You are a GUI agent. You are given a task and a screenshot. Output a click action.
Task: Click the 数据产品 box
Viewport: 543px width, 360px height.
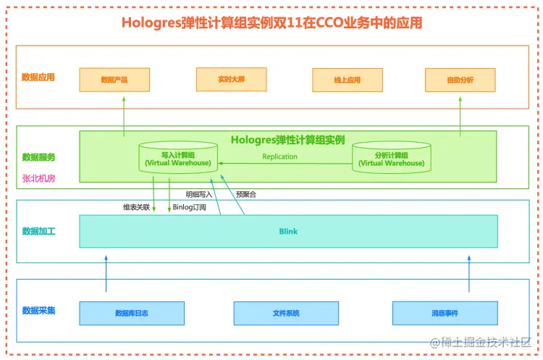pyautogui.click(x=114, y=80)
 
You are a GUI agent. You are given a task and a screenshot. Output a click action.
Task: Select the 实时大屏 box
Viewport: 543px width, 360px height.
pyautogui.click(x=231, y=80)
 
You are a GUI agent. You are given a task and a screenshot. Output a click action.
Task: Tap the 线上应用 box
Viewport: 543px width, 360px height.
pyautogui.click(x=347, y=80)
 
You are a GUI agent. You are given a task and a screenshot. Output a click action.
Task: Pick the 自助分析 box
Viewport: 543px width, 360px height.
pyautogui.click(x=460, y=80)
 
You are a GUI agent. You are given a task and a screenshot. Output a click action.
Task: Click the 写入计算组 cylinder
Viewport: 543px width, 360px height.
pyautogui.click(x=177, y=159)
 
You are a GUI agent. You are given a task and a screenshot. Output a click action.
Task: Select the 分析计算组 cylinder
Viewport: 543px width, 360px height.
pyautogui.click(x=391, y=159)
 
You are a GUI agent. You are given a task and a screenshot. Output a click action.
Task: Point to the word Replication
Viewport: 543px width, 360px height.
pyautogui.click(x=279, y=156)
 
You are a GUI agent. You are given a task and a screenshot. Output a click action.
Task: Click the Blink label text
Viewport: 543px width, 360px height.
pyautogui.click(x=288, y=232)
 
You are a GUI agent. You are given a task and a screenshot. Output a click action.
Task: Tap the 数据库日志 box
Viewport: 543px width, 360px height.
pyautogui.click(x=132, y=313)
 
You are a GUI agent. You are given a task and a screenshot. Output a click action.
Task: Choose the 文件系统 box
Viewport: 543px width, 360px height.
pyautogui.click(x=286, y=313)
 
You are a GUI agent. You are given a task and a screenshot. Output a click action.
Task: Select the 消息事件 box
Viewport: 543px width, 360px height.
pyautogui.click(x=445, y=313)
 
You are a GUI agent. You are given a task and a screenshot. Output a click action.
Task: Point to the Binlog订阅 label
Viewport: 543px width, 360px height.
pyautogui.click(x=195, y=207)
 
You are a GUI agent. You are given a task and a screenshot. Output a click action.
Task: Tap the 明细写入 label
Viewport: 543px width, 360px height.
pyautogui.click(x=199, y=194)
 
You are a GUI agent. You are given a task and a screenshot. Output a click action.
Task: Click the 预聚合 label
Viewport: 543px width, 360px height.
pyautogui.click(x=246, y=194)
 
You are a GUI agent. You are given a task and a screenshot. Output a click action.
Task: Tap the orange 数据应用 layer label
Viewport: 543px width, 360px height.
pyautogui.click(x=38, y=77)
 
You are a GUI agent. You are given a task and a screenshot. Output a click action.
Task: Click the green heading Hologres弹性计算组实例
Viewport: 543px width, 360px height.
pyautogui.click(x=287, y=139)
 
